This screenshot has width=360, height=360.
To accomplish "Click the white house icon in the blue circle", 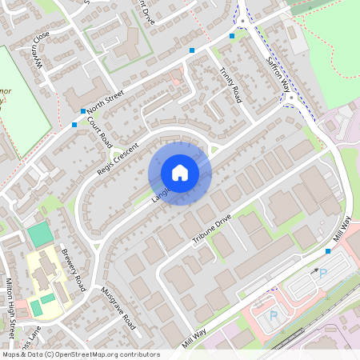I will click(180, 173).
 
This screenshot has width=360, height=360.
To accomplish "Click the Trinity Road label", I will click(230, 84).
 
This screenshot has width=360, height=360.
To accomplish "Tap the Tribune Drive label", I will click(211, 227).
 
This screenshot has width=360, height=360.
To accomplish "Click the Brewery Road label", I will click(74, 269).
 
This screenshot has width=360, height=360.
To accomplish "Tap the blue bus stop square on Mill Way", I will click(328, 251).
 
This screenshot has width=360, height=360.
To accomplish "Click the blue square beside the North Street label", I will click(83, 111).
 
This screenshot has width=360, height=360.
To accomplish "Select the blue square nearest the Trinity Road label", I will click(192, 50).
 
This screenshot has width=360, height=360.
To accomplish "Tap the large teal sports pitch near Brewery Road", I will click(38, 234).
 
